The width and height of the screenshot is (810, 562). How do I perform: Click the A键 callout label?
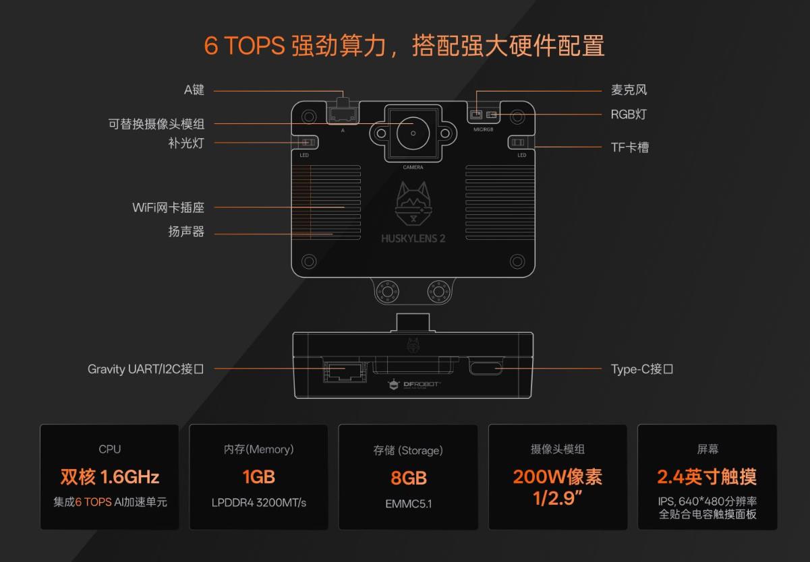coord(194,90)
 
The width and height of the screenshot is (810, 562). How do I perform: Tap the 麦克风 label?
coord(629,90)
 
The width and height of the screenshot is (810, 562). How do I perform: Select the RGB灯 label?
coord(629,115)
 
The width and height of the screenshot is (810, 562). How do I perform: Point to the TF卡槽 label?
coord(629,148)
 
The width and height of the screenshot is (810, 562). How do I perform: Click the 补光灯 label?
coord(186,143)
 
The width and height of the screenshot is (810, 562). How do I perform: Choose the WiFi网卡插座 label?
coord(168,208)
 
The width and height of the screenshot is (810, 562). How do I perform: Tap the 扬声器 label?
coord(186,231)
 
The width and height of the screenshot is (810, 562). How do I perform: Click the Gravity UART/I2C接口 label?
coord(146,369)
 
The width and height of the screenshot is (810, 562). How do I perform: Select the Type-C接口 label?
coord(642,369)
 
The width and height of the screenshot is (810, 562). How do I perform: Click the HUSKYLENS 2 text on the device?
coord(413,239)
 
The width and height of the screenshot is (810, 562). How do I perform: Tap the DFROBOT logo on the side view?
coord(413,385)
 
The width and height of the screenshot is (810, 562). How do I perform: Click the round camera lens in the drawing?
coord(413,133)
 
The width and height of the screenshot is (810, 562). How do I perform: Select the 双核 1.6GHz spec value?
coord(110,477)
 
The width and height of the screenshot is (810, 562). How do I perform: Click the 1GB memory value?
coord(259,477)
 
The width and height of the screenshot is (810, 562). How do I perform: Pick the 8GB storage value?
coord(409,478)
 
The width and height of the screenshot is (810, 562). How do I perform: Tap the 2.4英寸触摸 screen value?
coord(707,476)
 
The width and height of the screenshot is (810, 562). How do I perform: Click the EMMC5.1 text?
coord(409,504)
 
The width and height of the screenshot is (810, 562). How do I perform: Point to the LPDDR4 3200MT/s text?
coord(259,503)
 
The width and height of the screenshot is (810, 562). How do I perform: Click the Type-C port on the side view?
coord(486,366)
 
